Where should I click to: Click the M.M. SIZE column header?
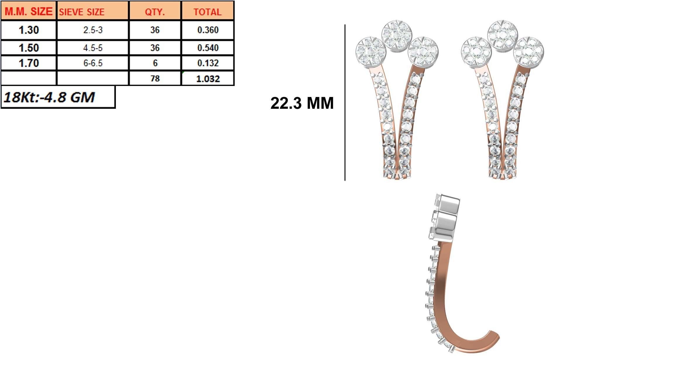(x=28, y=11)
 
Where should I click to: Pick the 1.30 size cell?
(x=28, y=30)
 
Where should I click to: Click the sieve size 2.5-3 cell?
(x=93, y=30)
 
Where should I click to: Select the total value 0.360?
(x=208, y=30)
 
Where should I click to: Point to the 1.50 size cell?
(x=28, y=48)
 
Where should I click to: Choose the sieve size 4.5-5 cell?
(x=93, y=48)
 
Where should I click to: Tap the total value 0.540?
(x=208, y=48)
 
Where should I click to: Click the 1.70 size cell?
(x=28, y=63)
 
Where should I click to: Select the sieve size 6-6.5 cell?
(x=93, y=63)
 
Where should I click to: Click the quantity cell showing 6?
(x=155, y=63)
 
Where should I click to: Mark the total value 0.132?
(x=208, y=63)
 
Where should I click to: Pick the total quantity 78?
(x=155, y=78)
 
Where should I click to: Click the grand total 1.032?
(x=208, y=78)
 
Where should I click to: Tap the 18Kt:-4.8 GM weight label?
(x=49, y=97)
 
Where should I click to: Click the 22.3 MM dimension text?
(x=302, y=103)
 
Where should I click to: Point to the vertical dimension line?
(x=345, y=102)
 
